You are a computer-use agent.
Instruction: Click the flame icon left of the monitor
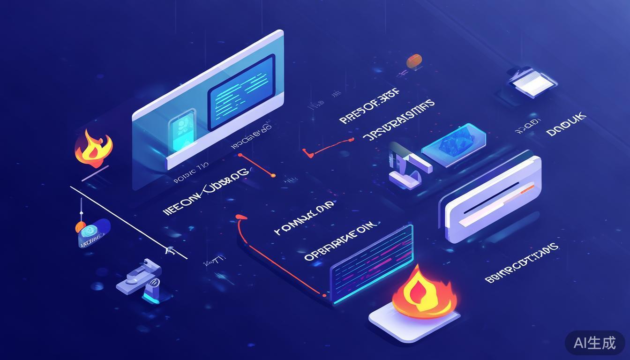coord(93,148)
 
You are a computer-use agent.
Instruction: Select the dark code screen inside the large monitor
coord(241,92)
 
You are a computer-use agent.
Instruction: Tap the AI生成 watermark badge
coord(595,343)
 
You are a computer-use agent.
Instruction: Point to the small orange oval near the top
coord(414,60)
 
